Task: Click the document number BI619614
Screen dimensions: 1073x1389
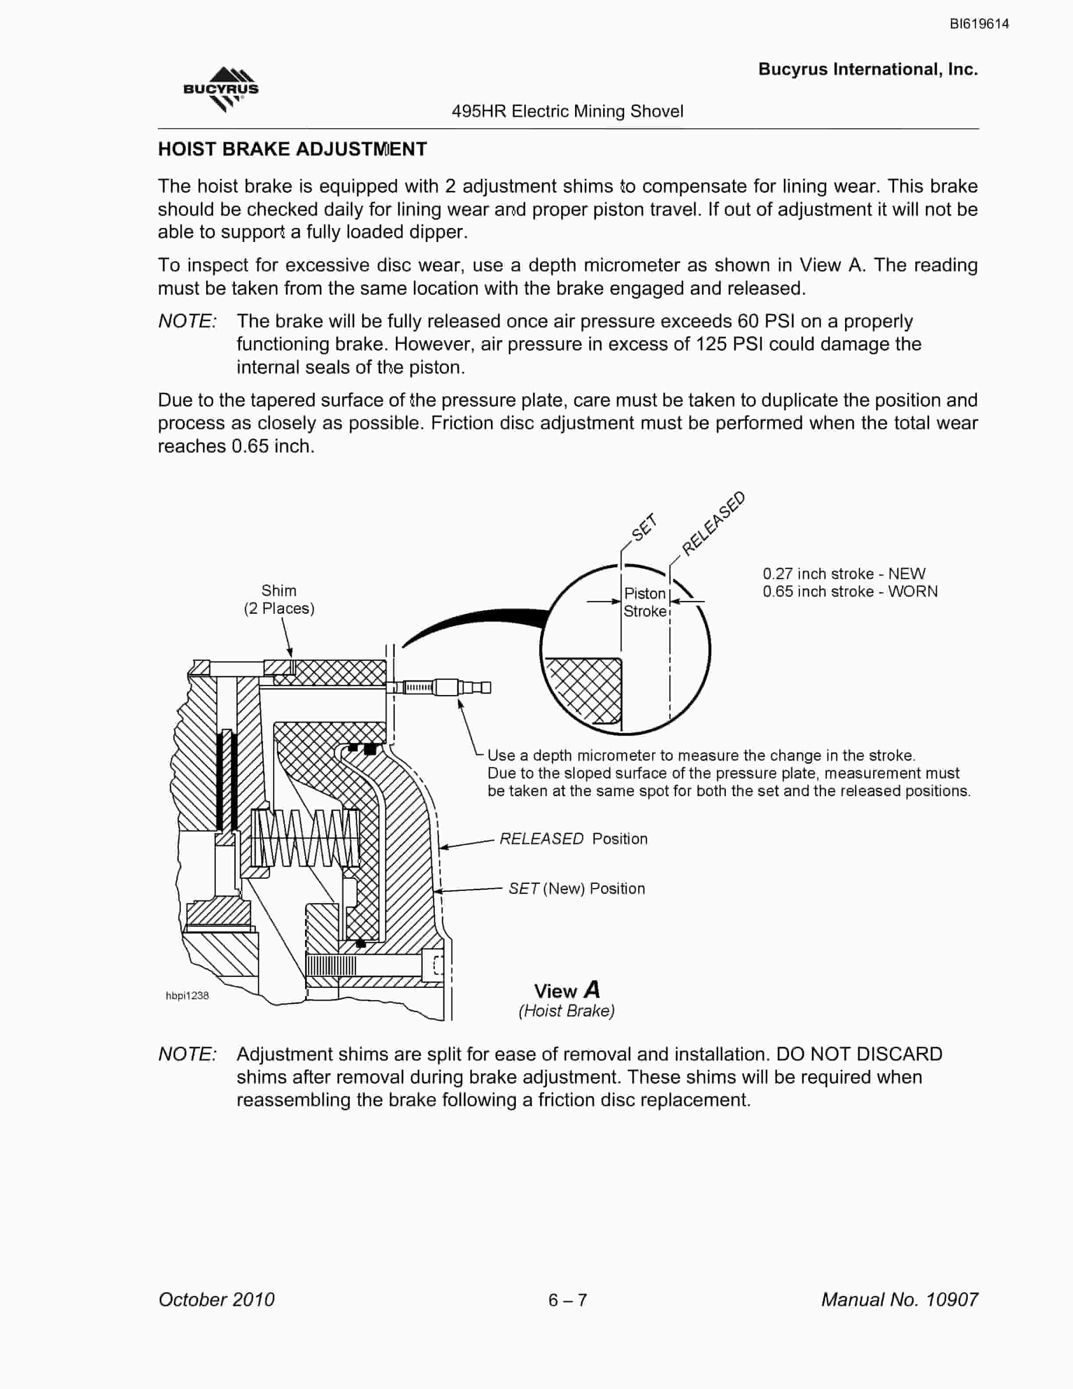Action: [979, 24]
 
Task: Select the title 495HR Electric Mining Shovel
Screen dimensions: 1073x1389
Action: [568, 111]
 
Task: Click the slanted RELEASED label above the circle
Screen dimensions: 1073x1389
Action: [713, 524]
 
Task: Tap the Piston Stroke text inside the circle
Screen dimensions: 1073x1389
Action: [645, 602]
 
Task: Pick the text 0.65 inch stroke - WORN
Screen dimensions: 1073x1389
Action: [850, 591]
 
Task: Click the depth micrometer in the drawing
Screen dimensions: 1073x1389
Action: [439, 687]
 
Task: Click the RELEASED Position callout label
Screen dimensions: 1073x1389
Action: [573, 839]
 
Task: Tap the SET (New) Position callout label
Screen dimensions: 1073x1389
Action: [576, 888]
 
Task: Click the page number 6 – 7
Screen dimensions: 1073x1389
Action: [568, 1300]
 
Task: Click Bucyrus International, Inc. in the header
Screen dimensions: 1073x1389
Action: [868, 69]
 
